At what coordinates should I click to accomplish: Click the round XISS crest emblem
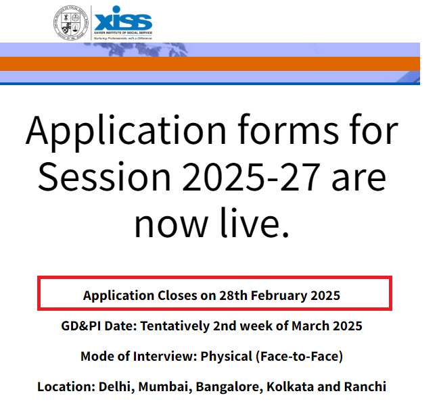tap(70, 22)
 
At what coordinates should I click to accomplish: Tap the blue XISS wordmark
tap(124, 20)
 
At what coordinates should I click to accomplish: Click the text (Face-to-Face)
tap(303, 356)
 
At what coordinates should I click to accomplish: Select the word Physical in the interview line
tap(226, 356)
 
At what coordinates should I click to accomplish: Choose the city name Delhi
tap(115, 387)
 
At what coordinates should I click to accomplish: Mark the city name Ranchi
tap(364, 387)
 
